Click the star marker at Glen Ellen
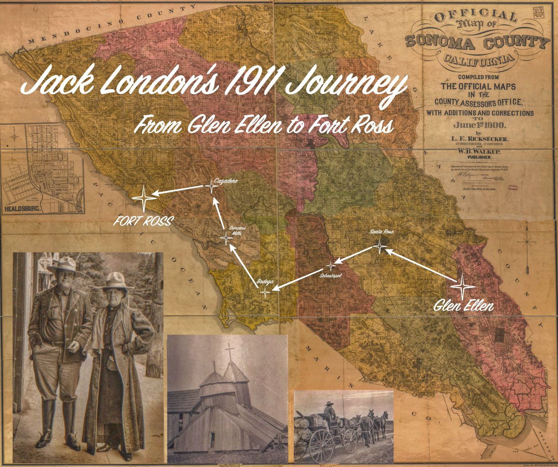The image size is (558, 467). tap(463, 286)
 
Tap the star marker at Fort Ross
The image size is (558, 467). tap(144, 198)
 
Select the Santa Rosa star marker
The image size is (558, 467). tap(379, 246)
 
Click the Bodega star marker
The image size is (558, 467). tap(265, 292)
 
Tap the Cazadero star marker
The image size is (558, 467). tap(211, 187)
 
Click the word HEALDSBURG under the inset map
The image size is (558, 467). tap(22, 210)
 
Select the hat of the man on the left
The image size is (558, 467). tap(65, 266)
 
